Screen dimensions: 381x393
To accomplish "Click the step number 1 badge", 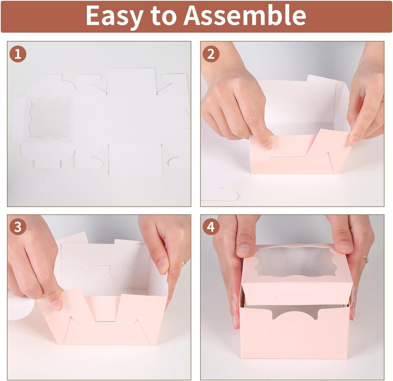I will (x=18, y=55).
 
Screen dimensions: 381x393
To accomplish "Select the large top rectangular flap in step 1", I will (x=131, y=80).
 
